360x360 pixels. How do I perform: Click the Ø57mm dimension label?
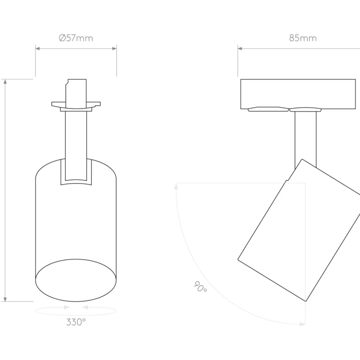[76, 38]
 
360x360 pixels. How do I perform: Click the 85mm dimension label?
[303, 38]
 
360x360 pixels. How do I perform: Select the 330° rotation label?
[76, 322]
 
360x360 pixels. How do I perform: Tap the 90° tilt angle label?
[200, 287]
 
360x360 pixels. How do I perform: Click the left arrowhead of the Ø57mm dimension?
[38, 48]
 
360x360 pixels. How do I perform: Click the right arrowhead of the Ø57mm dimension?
[114, 48]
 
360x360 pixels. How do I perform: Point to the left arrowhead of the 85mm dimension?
[240, 48]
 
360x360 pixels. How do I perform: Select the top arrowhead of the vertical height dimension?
[5, 82]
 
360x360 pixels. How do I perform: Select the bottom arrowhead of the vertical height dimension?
[5, 299]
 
